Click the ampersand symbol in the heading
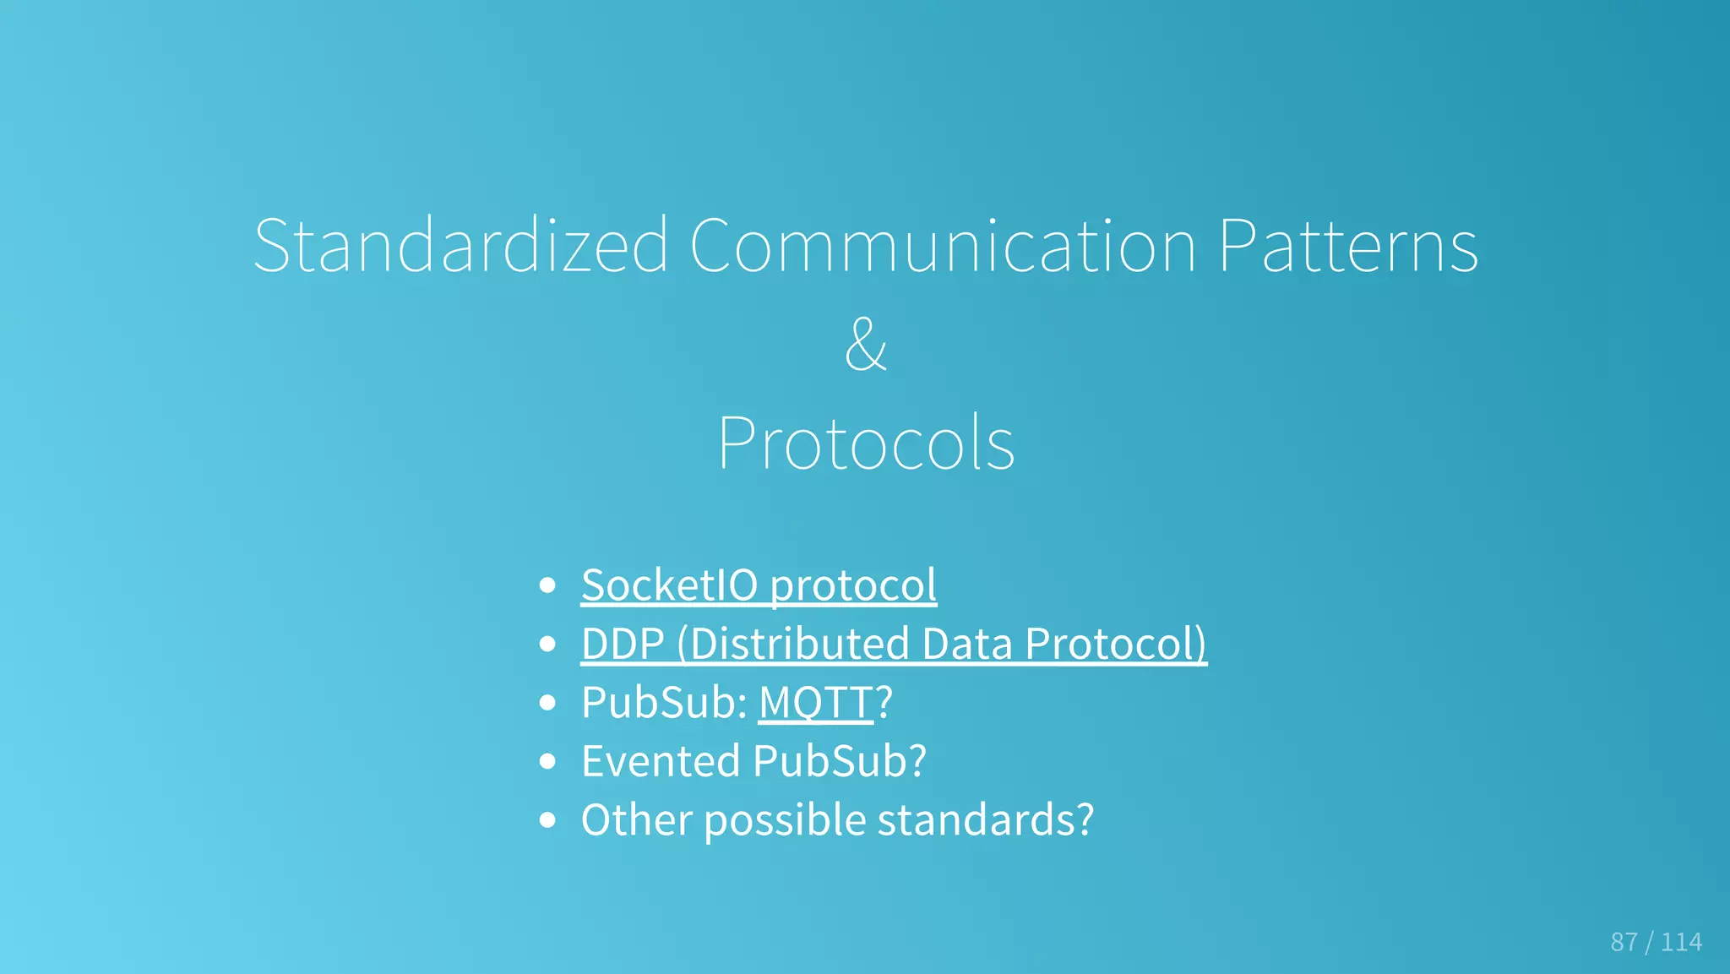pos(865,344)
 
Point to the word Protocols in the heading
pos(866,443)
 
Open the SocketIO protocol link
pos(759,585)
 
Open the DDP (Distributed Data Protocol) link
pos(894,644)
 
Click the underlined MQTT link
pos(815,702)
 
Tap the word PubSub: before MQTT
pos(664,702)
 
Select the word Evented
pos(661,760)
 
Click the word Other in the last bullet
pos(636,819)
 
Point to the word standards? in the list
pos(986,819)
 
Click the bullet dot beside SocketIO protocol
pos(548,585)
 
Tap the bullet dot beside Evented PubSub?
pos(548,761)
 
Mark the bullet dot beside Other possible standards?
pos(548,819)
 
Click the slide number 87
pos(1624,942)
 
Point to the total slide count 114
pos(1681,942)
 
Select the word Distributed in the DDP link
pos(798,644)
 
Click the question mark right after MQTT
pos(884,702)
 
